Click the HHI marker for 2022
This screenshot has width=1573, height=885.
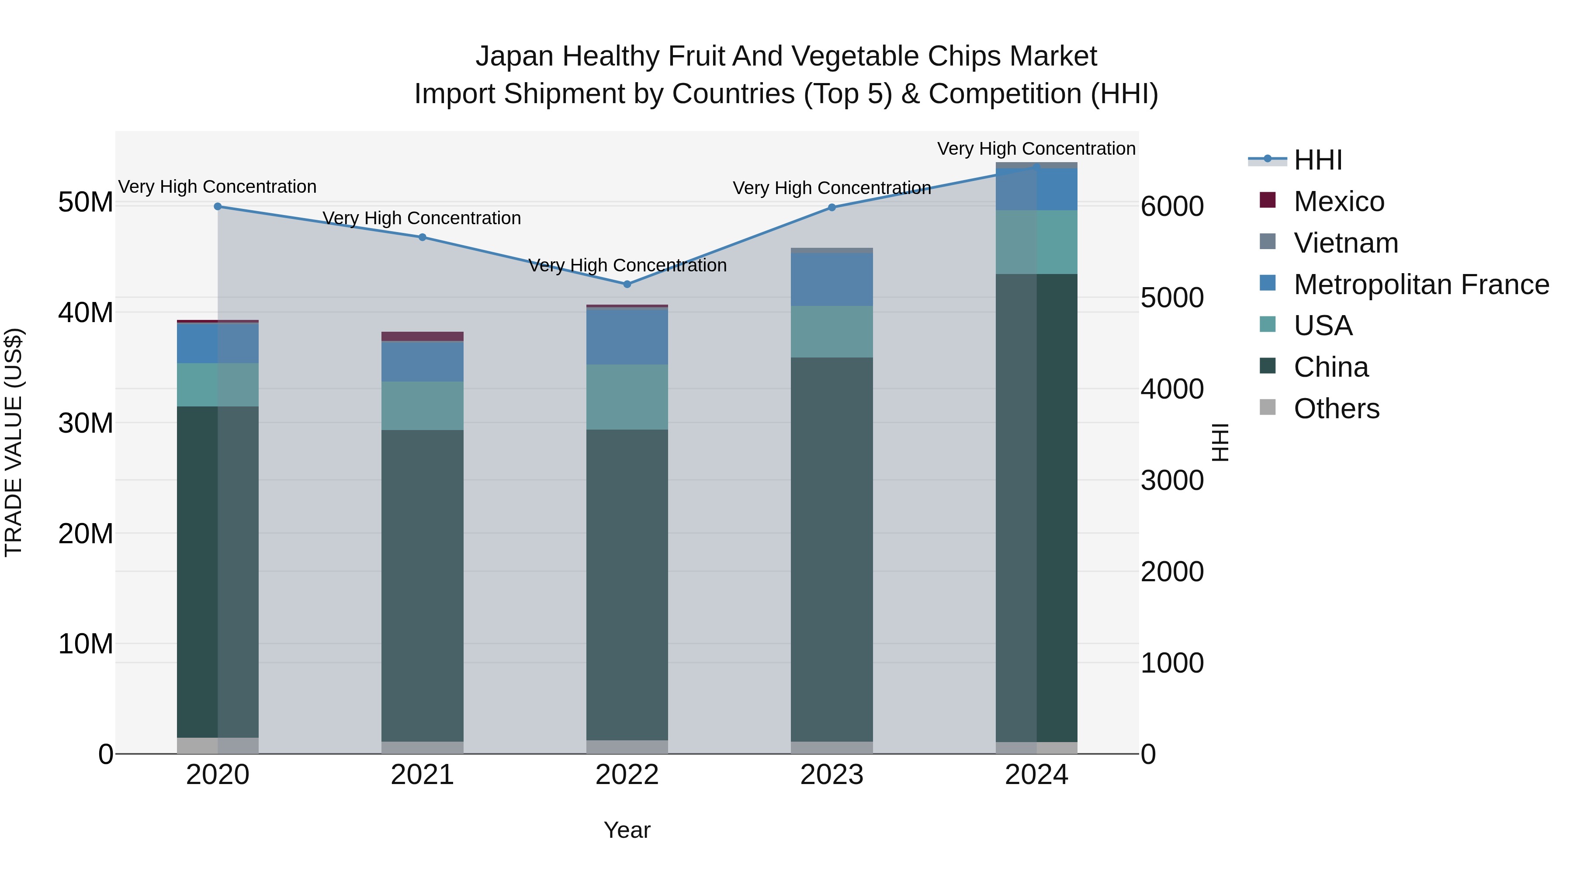click(x=627, y=284)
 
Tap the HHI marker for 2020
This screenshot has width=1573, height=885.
click(x=218, y=206)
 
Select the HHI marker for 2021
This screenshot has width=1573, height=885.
click(x=423, y=237)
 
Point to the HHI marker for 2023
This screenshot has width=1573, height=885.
click(x=832, y=207)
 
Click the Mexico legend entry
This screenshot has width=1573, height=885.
click(x=1338, y=201)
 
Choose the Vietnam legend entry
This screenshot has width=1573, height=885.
click(x=1345, y=243)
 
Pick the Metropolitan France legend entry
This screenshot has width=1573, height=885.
click(x=1421, y=285)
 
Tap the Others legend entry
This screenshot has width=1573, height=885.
click(x=1336, y=409)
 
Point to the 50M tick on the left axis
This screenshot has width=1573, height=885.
click(x=86, y=202)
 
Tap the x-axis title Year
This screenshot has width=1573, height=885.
click(x=627, y=830)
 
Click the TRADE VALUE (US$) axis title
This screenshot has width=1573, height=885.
click(x=14, y=442)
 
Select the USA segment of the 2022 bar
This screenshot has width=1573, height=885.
click(x=627, y=397)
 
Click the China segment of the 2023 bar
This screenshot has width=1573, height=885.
click(x=832, y=550)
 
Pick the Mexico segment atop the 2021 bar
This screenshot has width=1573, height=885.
click(x=423, y=337)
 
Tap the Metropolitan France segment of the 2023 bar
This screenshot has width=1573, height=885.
click(x=832, y=280)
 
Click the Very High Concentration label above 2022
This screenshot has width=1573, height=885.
click(x=627, y=266)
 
